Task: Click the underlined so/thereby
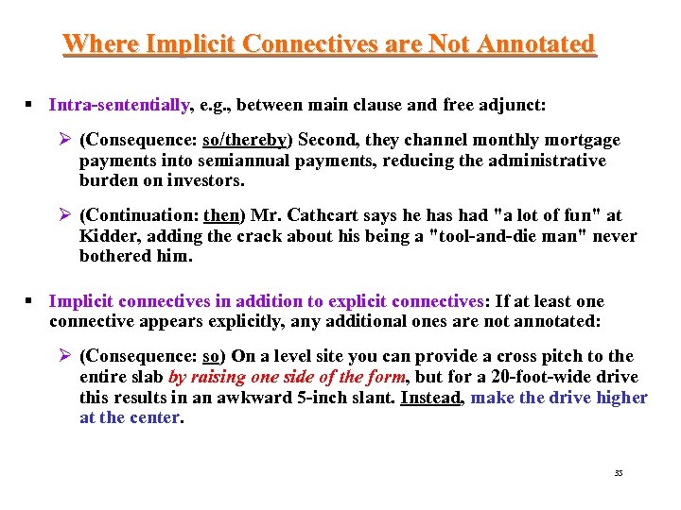(x=245, y=140)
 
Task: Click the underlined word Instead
(x=431, y=397)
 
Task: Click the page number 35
(x=619, y=472)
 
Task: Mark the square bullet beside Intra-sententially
(x=31, y=105)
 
